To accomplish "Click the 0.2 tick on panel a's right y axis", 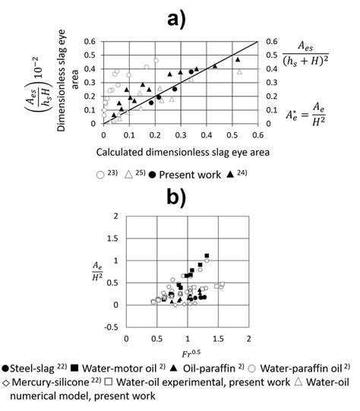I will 267,96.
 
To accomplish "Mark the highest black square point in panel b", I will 206,256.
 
